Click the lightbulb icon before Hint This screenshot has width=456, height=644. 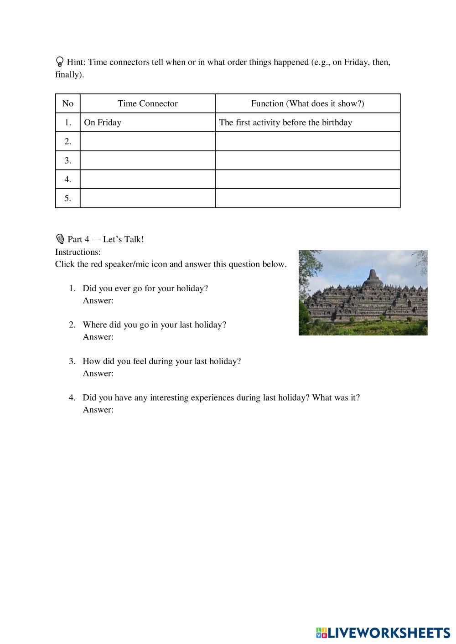(59, 62)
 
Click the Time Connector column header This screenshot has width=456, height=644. (147, 103)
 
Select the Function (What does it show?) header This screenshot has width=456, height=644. (307, 103)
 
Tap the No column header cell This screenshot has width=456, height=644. (67, 103)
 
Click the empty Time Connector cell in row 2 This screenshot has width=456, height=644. (147, 141)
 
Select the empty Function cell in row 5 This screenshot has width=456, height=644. (307, 198)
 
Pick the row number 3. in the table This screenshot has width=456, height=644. (67, 160)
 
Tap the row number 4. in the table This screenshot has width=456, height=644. (67, 180)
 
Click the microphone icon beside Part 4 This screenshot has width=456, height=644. (60, 239)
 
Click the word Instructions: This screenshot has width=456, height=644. (78, 252)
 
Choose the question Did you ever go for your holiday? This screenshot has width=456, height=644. (145, 289)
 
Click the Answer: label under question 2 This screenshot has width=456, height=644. (98, 337)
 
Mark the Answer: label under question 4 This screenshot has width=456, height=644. (98, 410)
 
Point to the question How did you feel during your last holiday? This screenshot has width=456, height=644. (161, 361)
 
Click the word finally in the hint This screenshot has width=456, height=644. (68, 74)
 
